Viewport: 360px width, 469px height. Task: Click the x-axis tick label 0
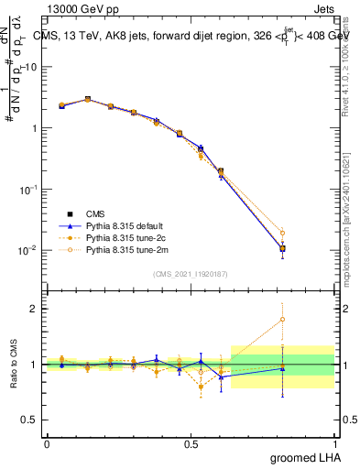[47, 443]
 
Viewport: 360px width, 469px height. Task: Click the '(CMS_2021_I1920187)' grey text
[191, 274]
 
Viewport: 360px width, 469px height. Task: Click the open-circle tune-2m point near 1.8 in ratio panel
[282, 320]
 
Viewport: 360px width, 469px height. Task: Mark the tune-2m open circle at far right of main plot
[282, 233]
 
